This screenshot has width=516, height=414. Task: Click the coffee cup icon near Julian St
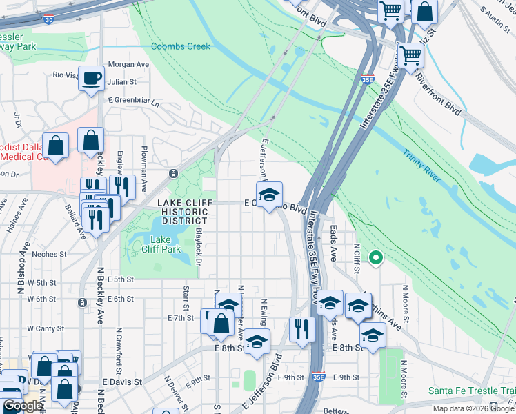pyautogui.click(x=90, y=78)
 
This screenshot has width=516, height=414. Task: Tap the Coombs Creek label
pyautogui.click(x=180, y=46)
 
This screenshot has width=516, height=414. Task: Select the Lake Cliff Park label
pyautogui.click(x=161, y=244)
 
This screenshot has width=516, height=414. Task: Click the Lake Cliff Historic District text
pyautogui.click(x=182, y=208)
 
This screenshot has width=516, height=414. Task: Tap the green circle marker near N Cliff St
pyautogui.click(x=376, y=259)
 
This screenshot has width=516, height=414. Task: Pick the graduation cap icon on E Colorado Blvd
pyautogui.click(x=270, y=194)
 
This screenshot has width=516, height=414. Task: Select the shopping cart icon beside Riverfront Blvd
pyautogui.click(x=410, y=56)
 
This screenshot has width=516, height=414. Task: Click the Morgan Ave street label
pyautogui.click(x=128, y=64)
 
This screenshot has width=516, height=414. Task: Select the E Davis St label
pyautogui.click(x=121, y=381)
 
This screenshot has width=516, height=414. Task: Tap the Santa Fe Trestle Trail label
pyautogui.click(x=471, y=390)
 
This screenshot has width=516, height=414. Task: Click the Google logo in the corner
pyautogui.click(x=22, y=406)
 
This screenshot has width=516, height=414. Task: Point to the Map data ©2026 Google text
pyautogui.click(x=473, y=408)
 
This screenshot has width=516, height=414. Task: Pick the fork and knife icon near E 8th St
pyautogui.click(x=302, y=328)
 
